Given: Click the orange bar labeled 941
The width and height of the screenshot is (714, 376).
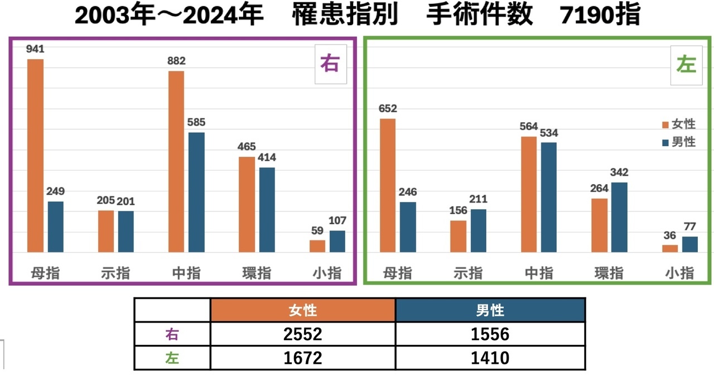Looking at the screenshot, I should click(36, 156).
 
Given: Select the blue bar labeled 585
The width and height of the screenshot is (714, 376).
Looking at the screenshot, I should click(196, 192).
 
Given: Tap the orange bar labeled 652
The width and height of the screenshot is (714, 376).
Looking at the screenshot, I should click(388, 185).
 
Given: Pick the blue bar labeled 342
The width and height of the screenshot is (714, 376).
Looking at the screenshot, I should click(619, 217).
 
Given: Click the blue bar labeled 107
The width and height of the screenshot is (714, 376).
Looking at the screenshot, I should click(337, 241).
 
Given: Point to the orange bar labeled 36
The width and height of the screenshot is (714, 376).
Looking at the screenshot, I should click(670, 248).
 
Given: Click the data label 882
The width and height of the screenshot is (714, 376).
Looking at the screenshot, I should click(176, 61).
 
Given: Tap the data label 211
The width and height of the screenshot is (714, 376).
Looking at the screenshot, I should click(479, 199).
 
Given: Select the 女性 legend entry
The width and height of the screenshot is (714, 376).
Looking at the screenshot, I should click(678, 124).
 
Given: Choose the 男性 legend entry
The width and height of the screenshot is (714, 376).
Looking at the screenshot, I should click(678, 142).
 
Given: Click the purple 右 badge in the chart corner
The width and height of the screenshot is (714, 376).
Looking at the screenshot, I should click(330, 64).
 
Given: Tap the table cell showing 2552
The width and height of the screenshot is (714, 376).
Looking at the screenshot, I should click(303, 334).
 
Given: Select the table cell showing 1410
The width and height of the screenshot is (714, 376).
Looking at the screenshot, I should click(490, 357).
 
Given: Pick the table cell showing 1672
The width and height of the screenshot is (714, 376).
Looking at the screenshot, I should click(303, 357).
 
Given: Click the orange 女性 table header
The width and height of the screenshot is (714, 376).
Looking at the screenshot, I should click(303, 310).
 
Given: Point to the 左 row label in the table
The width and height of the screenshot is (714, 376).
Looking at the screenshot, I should click(172, 358).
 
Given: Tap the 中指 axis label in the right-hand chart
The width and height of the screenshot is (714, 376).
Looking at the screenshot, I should click(539, 273).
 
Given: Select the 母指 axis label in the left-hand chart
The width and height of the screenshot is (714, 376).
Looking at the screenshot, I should click(45, 273).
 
